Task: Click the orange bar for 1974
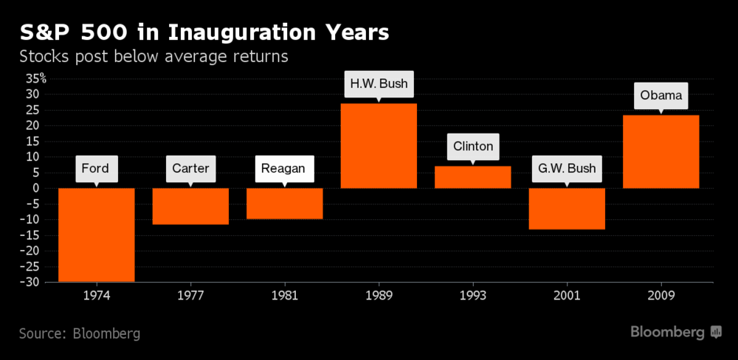(x=96, y=235)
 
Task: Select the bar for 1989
(x=379, y=145)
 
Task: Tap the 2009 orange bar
(x=661, y=151)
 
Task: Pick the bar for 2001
(x=567, y=208)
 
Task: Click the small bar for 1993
(x=472, y=177)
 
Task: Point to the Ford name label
(x=96, y=168)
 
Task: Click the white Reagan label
(x=285, y=169)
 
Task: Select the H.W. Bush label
(x=379, y=83)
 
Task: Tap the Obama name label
(x=661, y=95)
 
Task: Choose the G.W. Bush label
(x=567, y=169)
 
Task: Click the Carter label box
(x=190, y=168)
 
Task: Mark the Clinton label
(x=472, y=146)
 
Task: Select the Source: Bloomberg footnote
(x=80, y=333)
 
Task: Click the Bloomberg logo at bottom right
(x=675, y=332)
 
